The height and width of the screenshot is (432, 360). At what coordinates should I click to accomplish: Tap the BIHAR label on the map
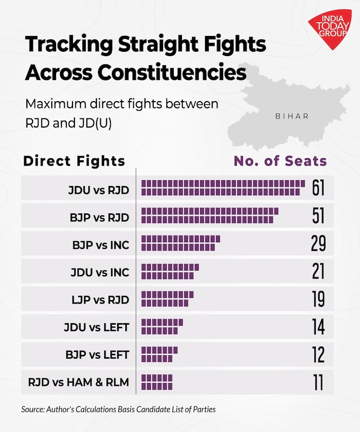[x=292, y=116]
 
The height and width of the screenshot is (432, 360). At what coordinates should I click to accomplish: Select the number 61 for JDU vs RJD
[x=318, y=188]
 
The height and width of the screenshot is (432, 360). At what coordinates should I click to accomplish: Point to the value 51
[x=318, y=216]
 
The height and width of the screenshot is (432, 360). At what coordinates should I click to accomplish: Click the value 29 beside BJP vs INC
[x=318, y=244]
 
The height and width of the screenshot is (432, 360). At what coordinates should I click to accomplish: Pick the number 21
[x=318, y=271]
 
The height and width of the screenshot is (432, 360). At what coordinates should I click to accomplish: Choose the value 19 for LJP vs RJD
[x=318, y=299]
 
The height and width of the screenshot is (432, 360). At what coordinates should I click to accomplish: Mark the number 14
[x=318, y=327]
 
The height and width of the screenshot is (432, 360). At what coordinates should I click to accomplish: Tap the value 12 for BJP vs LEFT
[x=318, y=355]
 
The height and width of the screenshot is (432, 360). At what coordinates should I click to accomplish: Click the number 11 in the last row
[x=318, y=383]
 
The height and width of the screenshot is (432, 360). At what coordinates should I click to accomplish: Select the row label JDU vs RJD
[x=99, y=189]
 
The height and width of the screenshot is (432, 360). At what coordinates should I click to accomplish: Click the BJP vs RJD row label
[x=99, y=217]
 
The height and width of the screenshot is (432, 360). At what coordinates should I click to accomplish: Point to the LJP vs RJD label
[x=100, y=300]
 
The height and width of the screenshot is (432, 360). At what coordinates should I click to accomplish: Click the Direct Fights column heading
[x=74, y=161]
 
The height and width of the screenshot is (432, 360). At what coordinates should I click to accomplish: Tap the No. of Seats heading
[x=280, y=161]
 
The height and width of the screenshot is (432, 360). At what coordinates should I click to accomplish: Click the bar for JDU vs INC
[x=169, y=271]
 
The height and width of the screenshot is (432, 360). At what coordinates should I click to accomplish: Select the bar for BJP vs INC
[x=180, y=244]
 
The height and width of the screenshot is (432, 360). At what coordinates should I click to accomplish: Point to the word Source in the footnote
[x=32, y=409]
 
